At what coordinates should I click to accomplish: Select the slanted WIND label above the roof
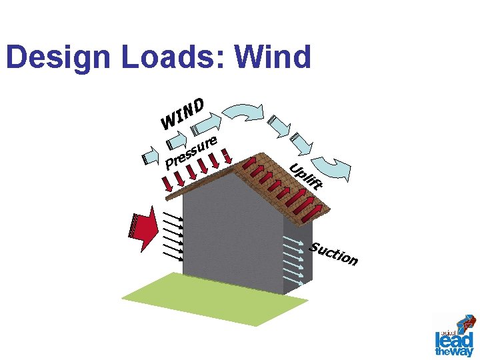(182, 113)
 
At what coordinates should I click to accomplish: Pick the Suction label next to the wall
(334, 253)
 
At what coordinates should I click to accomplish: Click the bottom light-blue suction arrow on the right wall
(294, 281)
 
